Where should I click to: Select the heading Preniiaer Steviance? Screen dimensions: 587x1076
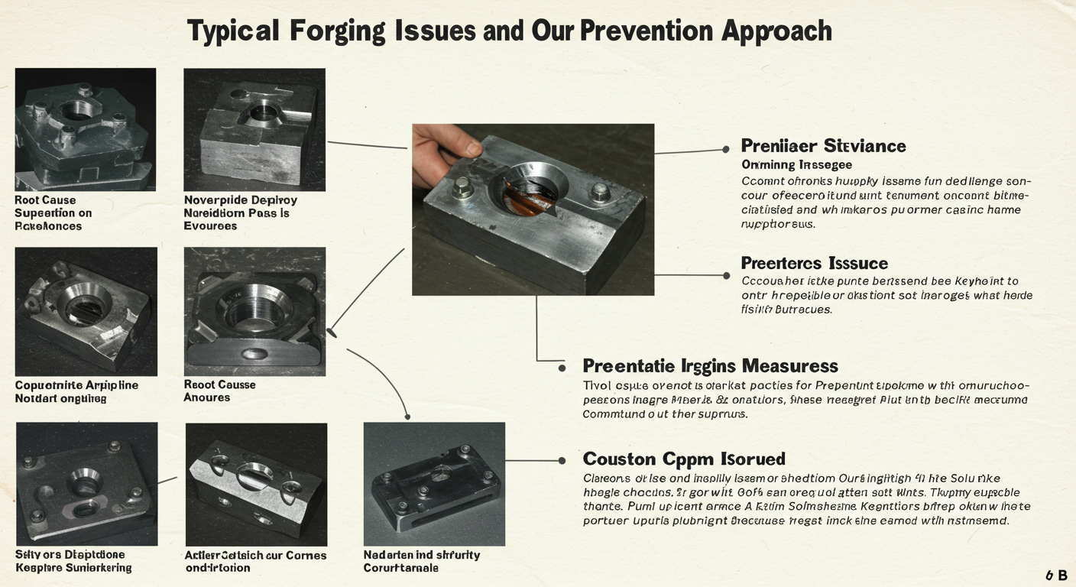[823, 146]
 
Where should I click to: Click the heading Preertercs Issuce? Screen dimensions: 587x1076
[814, 264]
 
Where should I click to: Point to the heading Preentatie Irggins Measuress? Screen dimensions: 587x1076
[710, 366]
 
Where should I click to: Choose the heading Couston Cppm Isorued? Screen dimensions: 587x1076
[683, 459]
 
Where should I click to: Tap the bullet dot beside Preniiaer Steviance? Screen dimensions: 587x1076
[725, 150]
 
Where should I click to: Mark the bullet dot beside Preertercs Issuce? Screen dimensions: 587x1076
[725, 275]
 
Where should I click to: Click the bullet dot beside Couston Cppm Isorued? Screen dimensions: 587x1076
[562, 460]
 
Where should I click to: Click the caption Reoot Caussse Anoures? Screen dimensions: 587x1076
[219, 391]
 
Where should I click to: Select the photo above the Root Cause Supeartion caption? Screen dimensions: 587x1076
[86, 129]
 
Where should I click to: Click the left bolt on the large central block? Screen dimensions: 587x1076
[462, 187]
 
